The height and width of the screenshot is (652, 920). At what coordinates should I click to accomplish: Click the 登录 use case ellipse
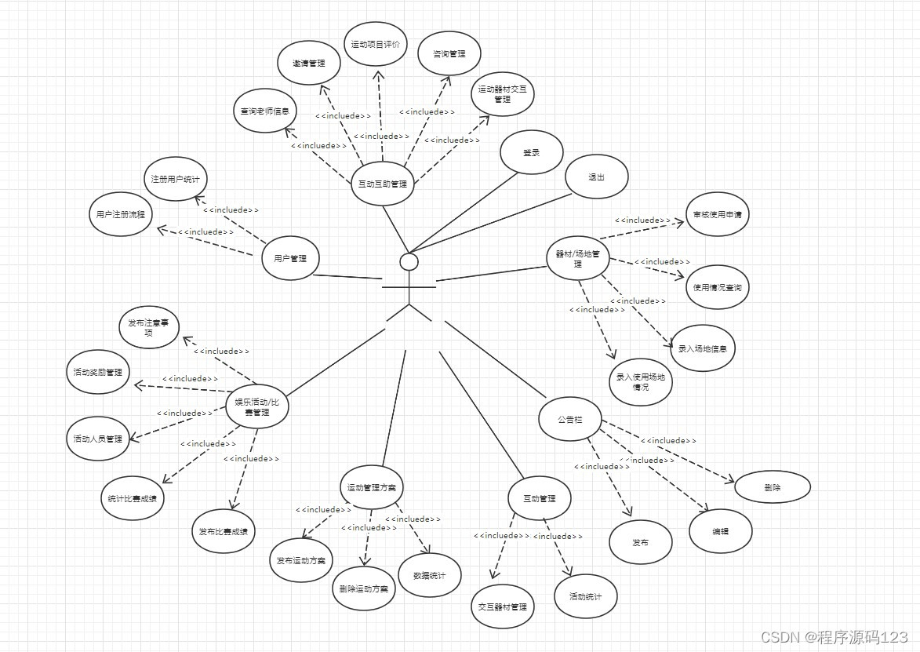click(x=532, y=153)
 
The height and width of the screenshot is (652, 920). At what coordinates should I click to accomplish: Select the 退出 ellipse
click(x=597, y=177)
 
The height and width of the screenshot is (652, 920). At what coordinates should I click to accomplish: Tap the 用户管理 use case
click(x=290, y=258)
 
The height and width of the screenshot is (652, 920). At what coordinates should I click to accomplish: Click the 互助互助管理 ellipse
click(x=382, y=184)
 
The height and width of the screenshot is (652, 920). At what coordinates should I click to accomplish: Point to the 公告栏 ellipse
click(x=569, y=420)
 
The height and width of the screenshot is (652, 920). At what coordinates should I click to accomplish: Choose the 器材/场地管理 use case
click(x=578, y=259)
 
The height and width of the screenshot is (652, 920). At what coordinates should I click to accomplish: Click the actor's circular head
click(x=409, y=261)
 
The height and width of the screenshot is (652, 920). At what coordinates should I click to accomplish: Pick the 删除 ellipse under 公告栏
click(x=772, y=487)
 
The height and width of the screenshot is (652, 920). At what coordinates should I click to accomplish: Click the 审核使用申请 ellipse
click(x=717, y=213)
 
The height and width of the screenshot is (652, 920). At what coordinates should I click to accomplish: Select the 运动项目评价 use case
click(x=376, y=45)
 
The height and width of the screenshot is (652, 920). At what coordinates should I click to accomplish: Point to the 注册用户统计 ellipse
click(x=176, y=179)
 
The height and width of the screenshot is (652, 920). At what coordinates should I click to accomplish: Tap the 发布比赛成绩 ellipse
click(x=224, y=531)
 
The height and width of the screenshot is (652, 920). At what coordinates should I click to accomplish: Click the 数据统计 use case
click(x=430, y=575)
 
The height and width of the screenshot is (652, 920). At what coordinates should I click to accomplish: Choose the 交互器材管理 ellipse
click(x=503, y=606)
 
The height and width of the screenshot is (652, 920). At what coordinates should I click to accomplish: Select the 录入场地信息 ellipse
click(x=702, y=348)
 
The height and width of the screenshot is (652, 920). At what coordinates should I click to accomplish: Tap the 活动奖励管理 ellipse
click(x=98, y=372)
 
